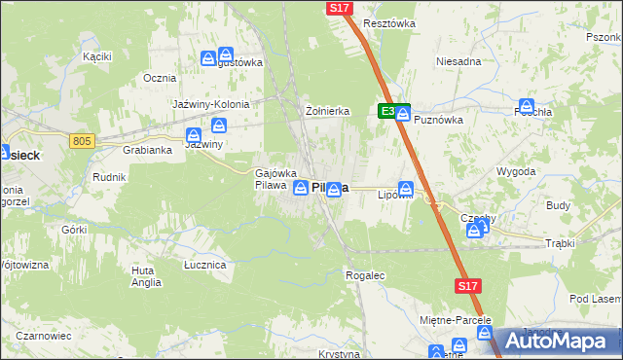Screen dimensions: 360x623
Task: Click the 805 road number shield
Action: (x=82, y=142)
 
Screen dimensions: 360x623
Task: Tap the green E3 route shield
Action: (x=388, y=112)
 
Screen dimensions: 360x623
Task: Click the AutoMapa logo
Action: (x=558, y=342)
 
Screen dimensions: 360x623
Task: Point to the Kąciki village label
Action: (x=96, y=56)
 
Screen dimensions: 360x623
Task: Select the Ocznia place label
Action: (x=159, y=78)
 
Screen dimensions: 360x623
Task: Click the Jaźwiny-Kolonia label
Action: (x=211, y=104)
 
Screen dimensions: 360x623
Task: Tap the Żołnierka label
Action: (x=327, y=110)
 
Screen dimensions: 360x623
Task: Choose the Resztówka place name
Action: (x=388, y=22)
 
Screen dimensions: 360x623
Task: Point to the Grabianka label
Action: (x=148, y=151)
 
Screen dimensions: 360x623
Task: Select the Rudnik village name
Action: (x=108, y=177)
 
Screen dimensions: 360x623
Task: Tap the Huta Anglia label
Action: (x=146, y=276)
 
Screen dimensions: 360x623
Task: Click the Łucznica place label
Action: (x=205, y=264)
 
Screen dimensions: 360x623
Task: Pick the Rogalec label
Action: (x=366, y=275)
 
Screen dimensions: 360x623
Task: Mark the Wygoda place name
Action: (x=516, y=171)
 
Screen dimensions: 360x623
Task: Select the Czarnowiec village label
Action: (x=43, y=336)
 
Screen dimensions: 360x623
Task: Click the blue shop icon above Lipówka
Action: (x=406, y=189)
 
